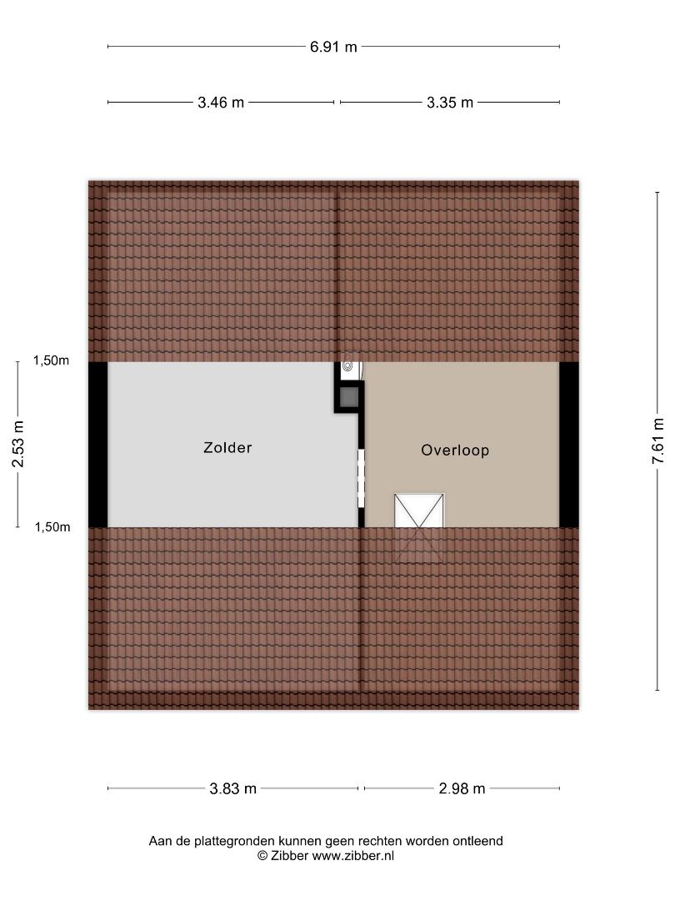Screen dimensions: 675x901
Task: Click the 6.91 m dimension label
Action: pos(333,47)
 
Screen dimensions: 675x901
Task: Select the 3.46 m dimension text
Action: pos(221,103)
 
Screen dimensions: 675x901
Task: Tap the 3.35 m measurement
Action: pos(450,103)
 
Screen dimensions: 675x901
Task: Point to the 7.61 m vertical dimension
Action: pos(657,440)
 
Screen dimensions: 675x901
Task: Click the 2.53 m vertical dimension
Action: pos(18,444)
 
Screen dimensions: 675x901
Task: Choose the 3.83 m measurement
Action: pos(233,789)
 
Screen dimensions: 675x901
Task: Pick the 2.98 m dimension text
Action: pos(462,789)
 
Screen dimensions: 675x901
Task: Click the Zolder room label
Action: pos(227,448)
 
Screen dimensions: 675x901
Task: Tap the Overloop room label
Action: pos(455,450)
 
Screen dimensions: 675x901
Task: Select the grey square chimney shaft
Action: pos(349,397)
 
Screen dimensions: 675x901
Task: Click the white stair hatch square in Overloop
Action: pos(419,511)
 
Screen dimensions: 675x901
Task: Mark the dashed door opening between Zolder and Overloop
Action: pos(361,478)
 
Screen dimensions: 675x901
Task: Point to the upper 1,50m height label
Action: pos(51,361)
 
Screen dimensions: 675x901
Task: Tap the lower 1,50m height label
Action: pos(52,527)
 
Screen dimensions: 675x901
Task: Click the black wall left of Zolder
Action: pos(98,445)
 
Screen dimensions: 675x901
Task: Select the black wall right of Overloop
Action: pos(569,445)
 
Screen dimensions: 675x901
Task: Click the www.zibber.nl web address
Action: pos(353,856)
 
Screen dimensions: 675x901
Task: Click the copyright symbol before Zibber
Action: pos(262,856)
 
